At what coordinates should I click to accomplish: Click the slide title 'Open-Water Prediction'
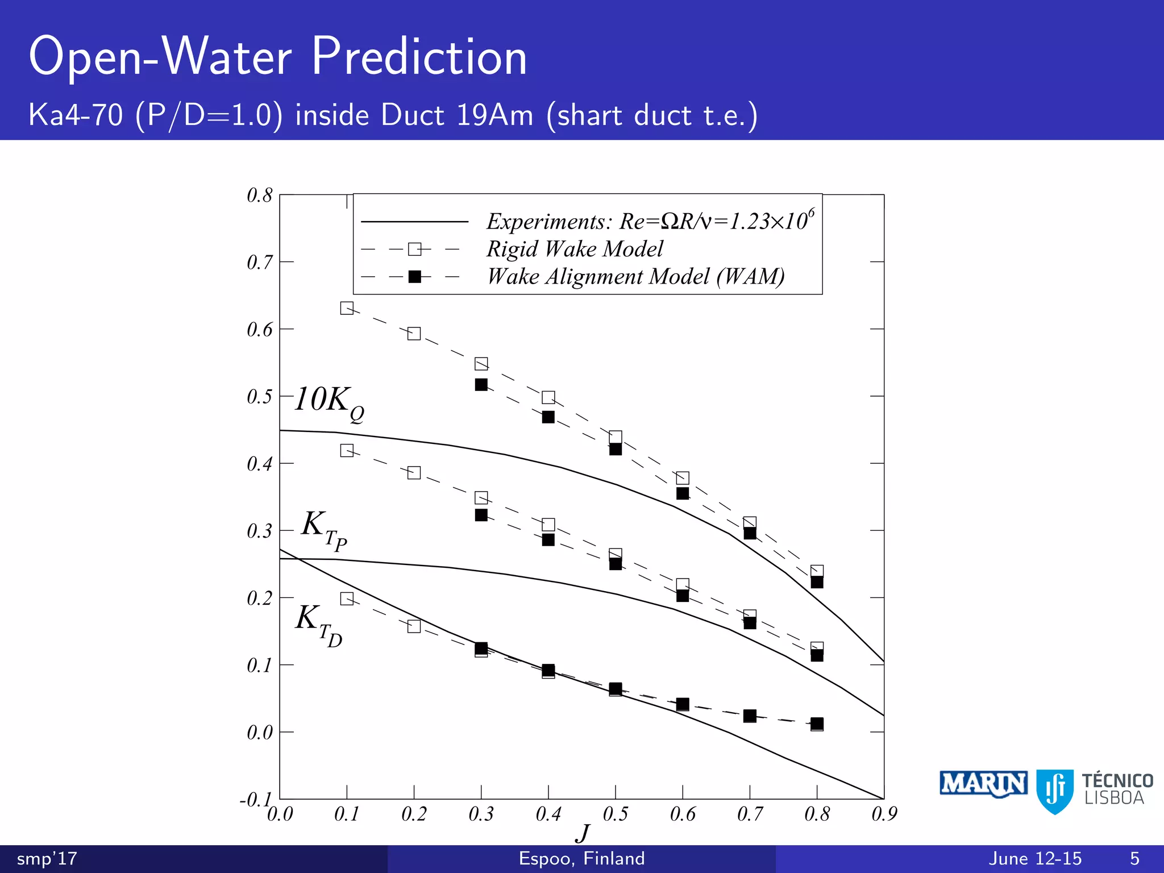pos(278,56)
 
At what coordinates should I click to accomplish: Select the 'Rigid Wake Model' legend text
pos(575,249)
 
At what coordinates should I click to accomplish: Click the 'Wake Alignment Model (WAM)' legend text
pos(635,277)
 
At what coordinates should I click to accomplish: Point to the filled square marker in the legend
pos(415,277)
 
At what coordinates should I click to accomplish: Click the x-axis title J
pos(582,834)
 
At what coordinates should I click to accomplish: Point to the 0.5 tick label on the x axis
pos(615,814)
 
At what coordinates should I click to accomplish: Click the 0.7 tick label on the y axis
pos(259,263)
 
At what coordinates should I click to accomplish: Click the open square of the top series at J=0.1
pos(347,308)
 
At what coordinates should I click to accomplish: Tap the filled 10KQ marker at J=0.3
pos(481,385)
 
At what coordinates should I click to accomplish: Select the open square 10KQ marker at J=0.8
pos(817,571)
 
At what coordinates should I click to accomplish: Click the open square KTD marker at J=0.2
pos(414,626)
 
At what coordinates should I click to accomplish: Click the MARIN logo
pos(983,784)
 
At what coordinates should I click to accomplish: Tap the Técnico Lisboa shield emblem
pos(1055,791)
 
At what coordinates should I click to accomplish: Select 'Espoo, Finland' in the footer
pos(581,858)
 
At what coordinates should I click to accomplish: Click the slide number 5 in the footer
pos(1134,858)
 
